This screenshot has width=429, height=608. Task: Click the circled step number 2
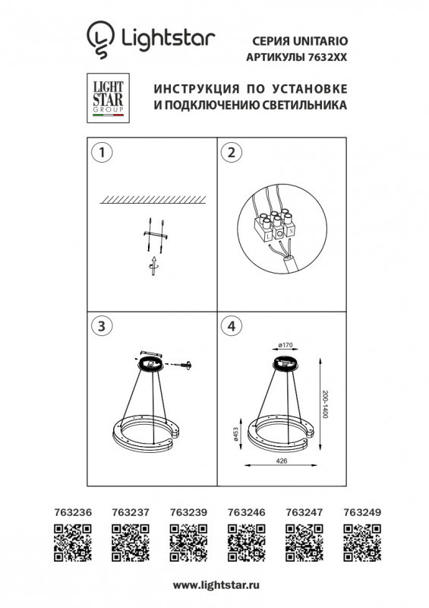point(229,152)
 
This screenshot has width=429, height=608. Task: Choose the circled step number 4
point(229,326)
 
